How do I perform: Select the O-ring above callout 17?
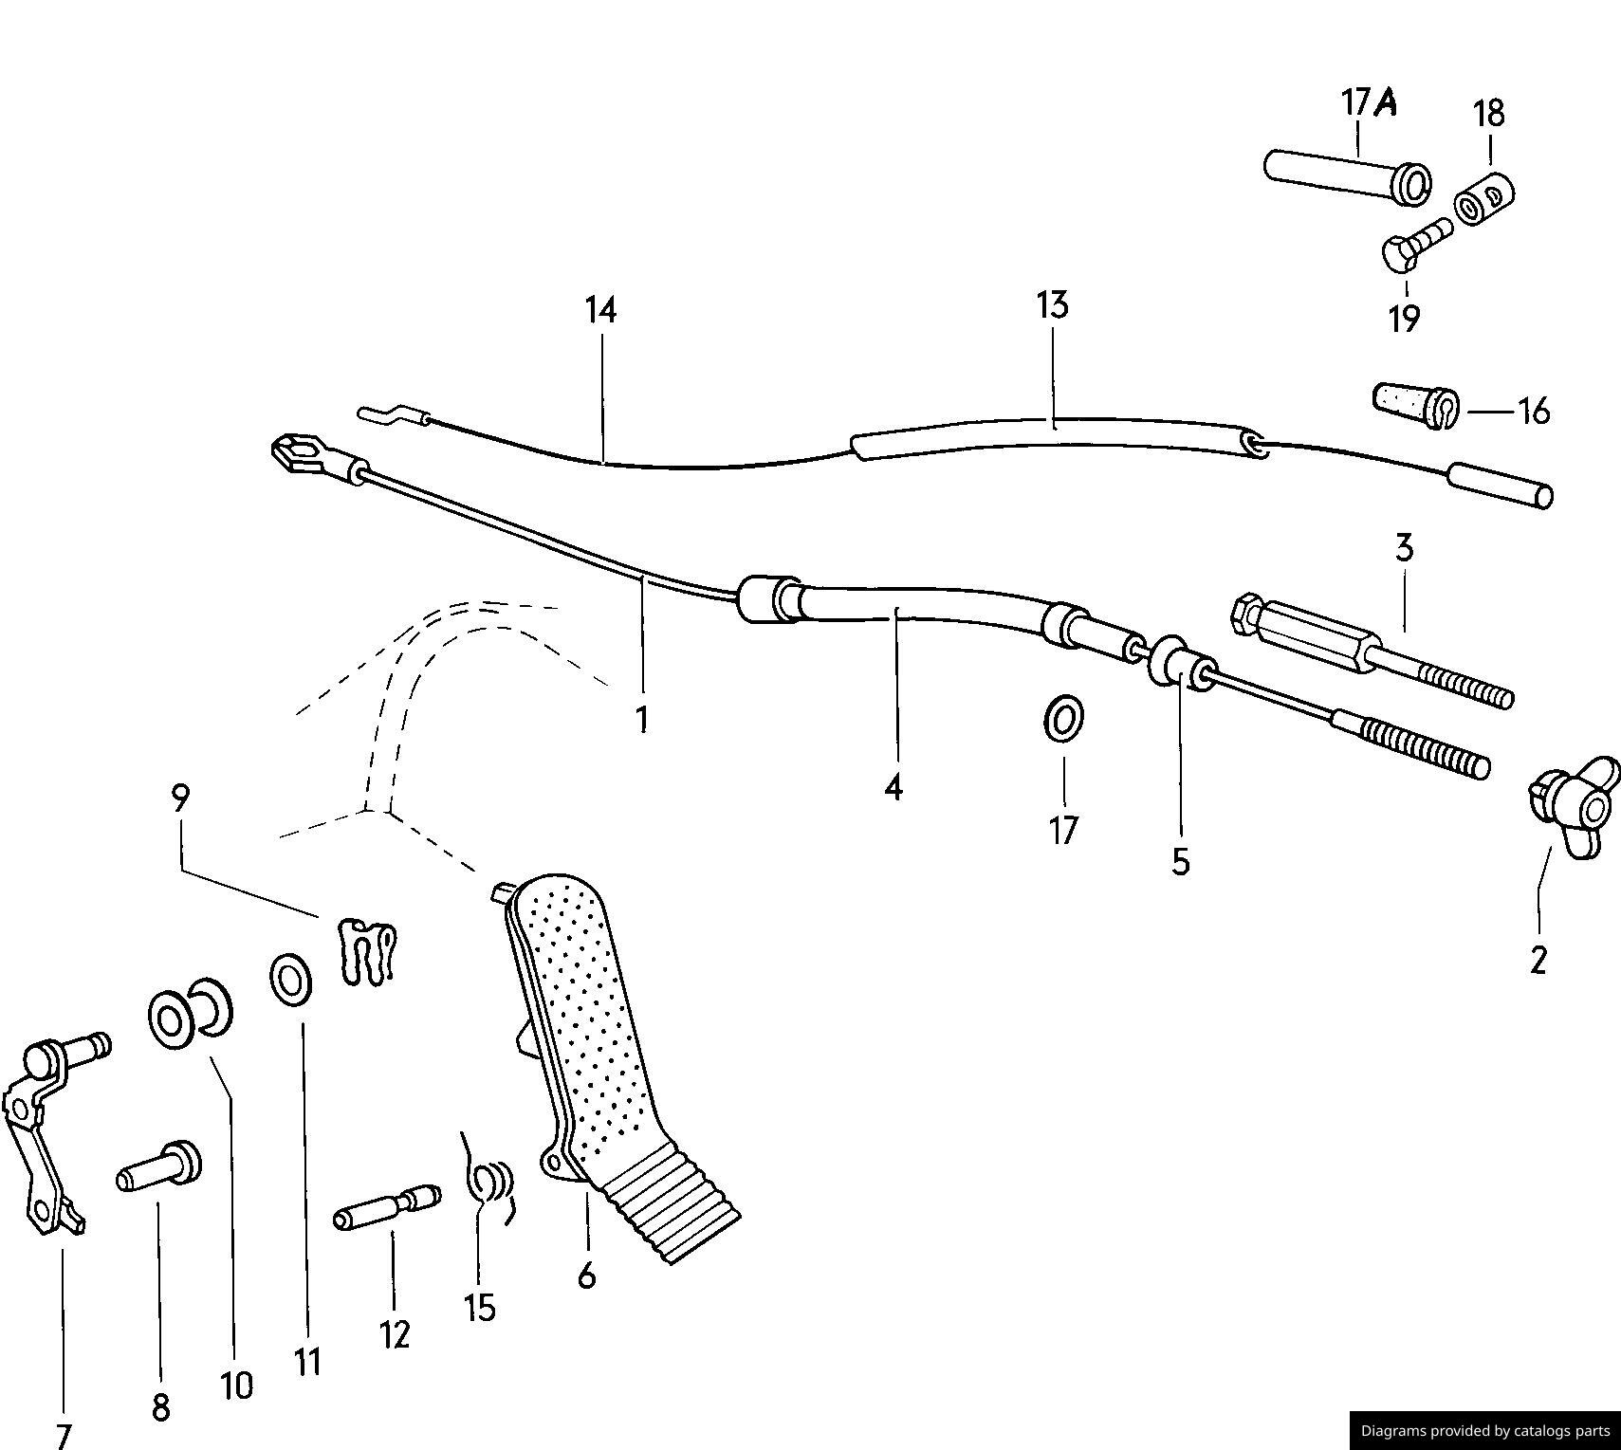click(x=1064, y=720)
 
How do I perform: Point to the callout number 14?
click(x=600, y=310)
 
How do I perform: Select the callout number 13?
click(x=1052, y=305)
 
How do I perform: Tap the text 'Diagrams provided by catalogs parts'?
click(x=1484, y=1431)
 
